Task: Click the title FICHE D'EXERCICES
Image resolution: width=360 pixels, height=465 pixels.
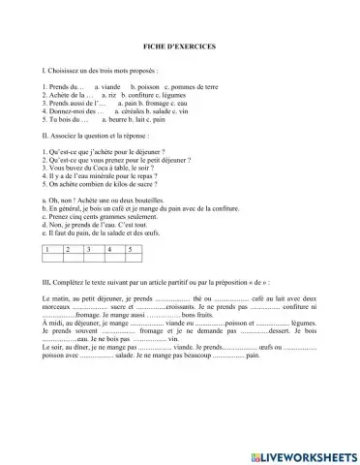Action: coord(180,47)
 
